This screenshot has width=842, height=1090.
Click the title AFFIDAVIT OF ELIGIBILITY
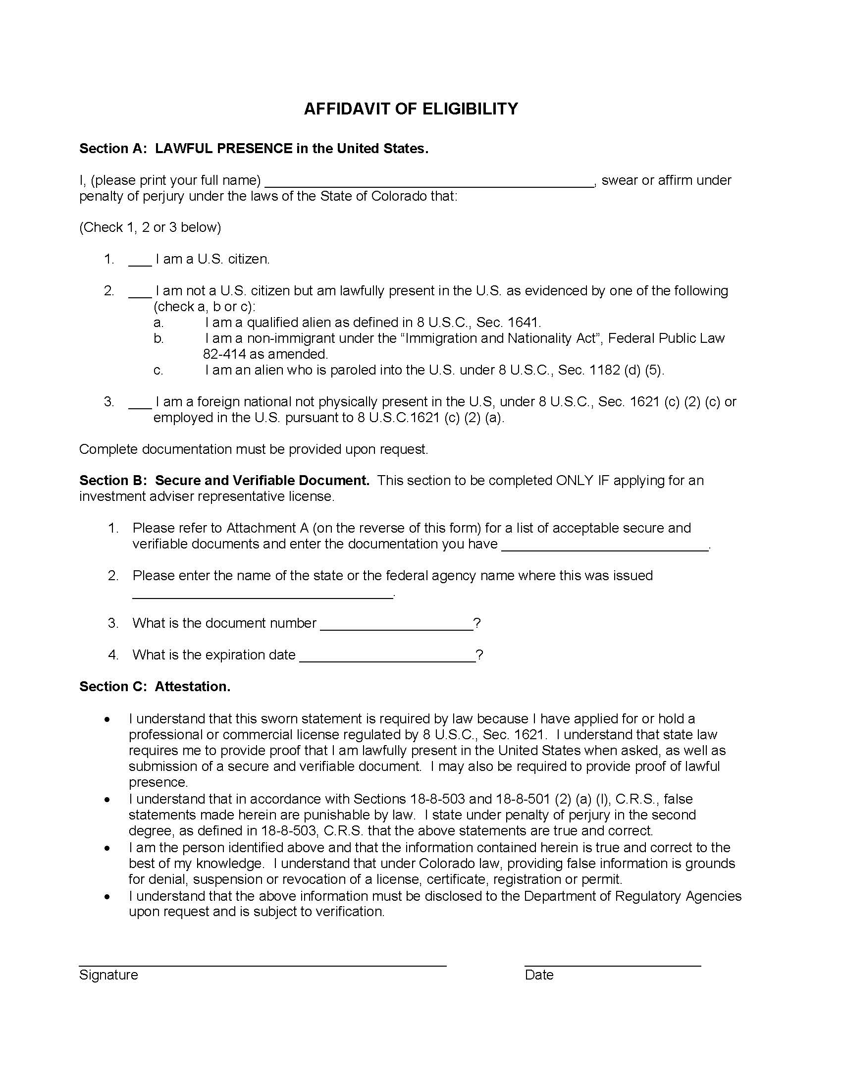point(411,109)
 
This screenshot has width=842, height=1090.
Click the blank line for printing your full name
point(428,184)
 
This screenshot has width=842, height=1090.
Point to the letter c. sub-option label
point(158,370)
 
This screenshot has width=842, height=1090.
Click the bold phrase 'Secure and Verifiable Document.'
point(262,481)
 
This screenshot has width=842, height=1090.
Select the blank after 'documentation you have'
point(604,547)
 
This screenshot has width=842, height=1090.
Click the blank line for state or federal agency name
point(263,595)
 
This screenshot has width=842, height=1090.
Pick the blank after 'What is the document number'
point(396,627)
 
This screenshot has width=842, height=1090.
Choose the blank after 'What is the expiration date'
point(387,659)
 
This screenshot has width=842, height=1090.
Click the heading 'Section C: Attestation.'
point(155,687)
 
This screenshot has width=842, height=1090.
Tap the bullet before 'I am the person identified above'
point(107,848)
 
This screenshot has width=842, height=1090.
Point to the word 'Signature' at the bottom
point(108,975)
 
